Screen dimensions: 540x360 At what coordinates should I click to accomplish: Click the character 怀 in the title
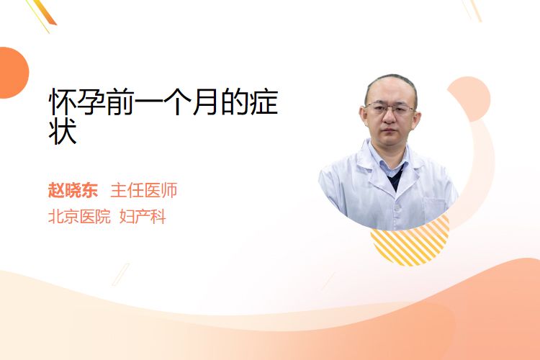coord(63,102)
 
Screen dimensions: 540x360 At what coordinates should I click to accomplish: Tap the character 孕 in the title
coord(91,102)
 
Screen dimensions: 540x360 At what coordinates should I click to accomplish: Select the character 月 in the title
coord(207,102)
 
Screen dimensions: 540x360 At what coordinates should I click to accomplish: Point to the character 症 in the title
coord(264,102)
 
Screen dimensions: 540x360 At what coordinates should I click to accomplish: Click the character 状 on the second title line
coord(63,131)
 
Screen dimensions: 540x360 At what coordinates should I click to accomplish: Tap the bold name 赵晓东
coord(73,190)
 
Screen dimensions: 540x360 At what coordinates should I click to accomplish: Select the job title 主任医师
coord(144,190)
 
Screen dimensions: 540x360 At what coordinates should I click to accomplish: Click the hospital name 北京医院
coord(79,217)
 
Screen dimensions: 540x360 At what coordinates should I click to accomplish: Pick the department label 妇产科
coord(143,217)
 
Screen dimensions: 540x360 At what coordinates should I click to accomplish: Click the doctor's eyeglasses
coord(390,109)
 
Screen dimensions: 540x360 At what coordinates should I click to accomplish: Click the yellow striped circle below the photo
coord(410,245)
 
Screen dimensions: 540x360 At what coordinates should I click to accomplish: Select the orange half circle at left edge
coord(13,73)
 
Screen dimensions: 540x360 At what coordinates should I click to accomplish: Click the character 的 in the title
coord(235,102)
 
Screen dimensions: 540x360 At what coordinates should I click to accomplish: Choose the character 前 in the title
coord(120,102)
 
